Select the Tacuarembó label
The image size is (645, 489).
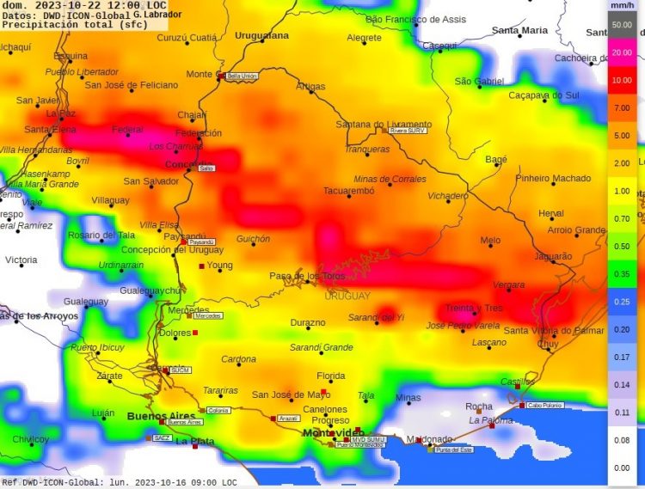click(x=348, y=191)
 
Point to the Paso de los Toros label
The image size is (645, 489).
click(x=308, y=276)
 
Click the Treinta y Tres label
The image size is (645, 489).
click(x=473, y=308)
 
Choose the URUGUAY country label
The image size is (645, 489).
click(x=347, y=296)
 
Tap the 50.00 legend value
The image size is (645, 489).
click(x=623, y=26)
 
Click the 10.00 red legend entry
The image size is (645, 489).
click(x=623, y=81)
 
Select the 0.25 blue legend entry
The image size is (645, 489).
click(x=623, y=302)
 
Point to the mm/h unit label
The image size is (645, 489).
click(x=622, y=5)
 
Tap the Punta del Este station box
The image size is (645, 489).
click(x=454, y=449)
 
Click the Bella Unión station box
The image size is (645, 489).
click(x=242, y=76)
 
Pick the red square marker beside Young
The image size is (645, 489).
click(x=202, y=266)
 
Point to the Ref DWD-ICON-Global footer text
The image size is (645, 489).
click(x=52, y=483)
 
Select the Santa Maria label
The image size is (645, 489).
click(x=519, y=30)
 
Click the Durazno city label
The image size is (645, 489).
click(x=308, y=323)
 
